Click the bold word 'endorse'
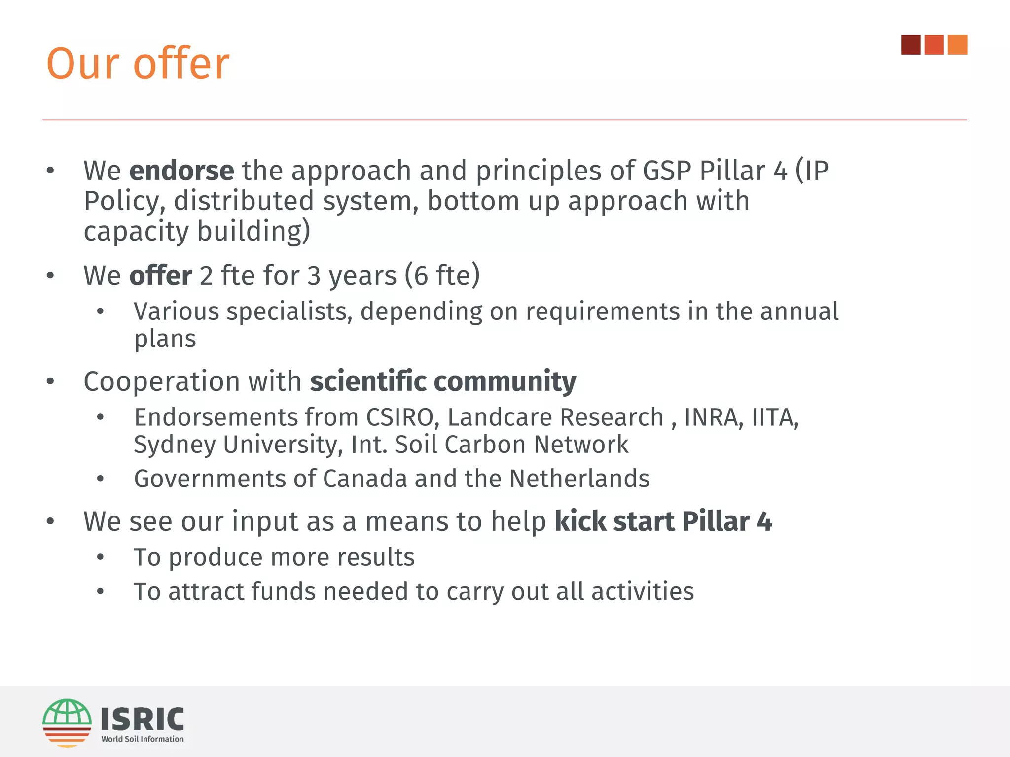[x=181, y=171]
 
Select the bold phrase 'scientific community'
[x=443, y=381]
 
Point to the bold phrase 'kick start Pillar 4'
[x=663, y=521]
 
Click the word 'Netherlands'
[x=579, y=479]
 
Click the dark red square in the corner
[x=910, y=45]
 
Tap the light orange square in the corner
[x=957, y=45]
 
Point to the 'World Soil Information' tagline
[x=143, y=739]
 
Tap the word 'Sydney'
[x=175, y=445]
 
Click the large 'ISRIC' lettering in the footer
[x=143, y=719]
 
